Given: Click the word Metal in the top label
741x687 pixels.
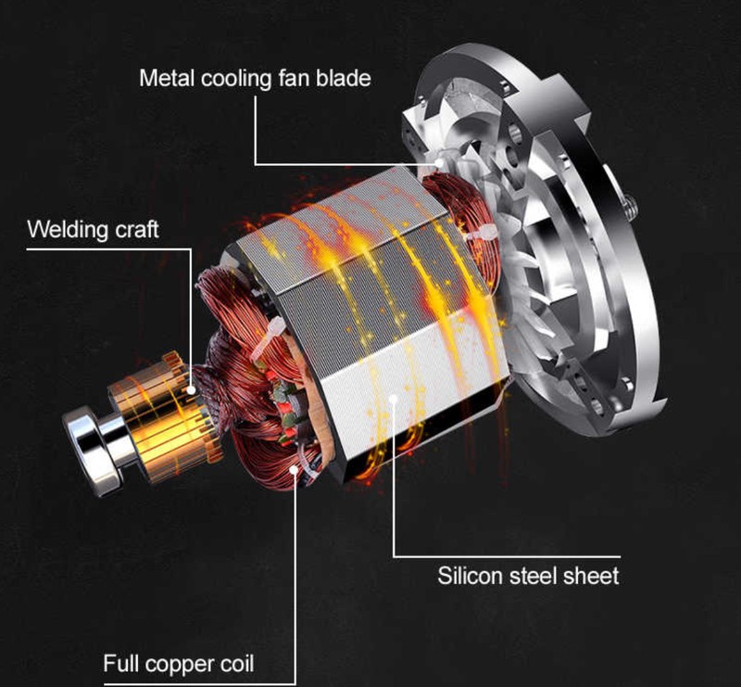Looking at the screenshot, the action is point(167,78).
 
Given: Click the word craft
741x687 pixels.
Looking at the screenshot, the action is point(137,230).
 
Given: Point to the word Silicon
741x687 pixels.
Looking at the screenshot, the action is point(470,576).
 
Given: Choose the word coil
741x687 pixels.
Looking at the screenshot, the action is point(237,663).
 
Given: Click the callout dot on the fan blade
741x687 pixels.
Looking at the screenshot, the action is point(439,163).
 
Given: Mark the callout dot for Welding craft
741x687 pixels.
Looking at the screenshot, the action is point(192,390).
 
